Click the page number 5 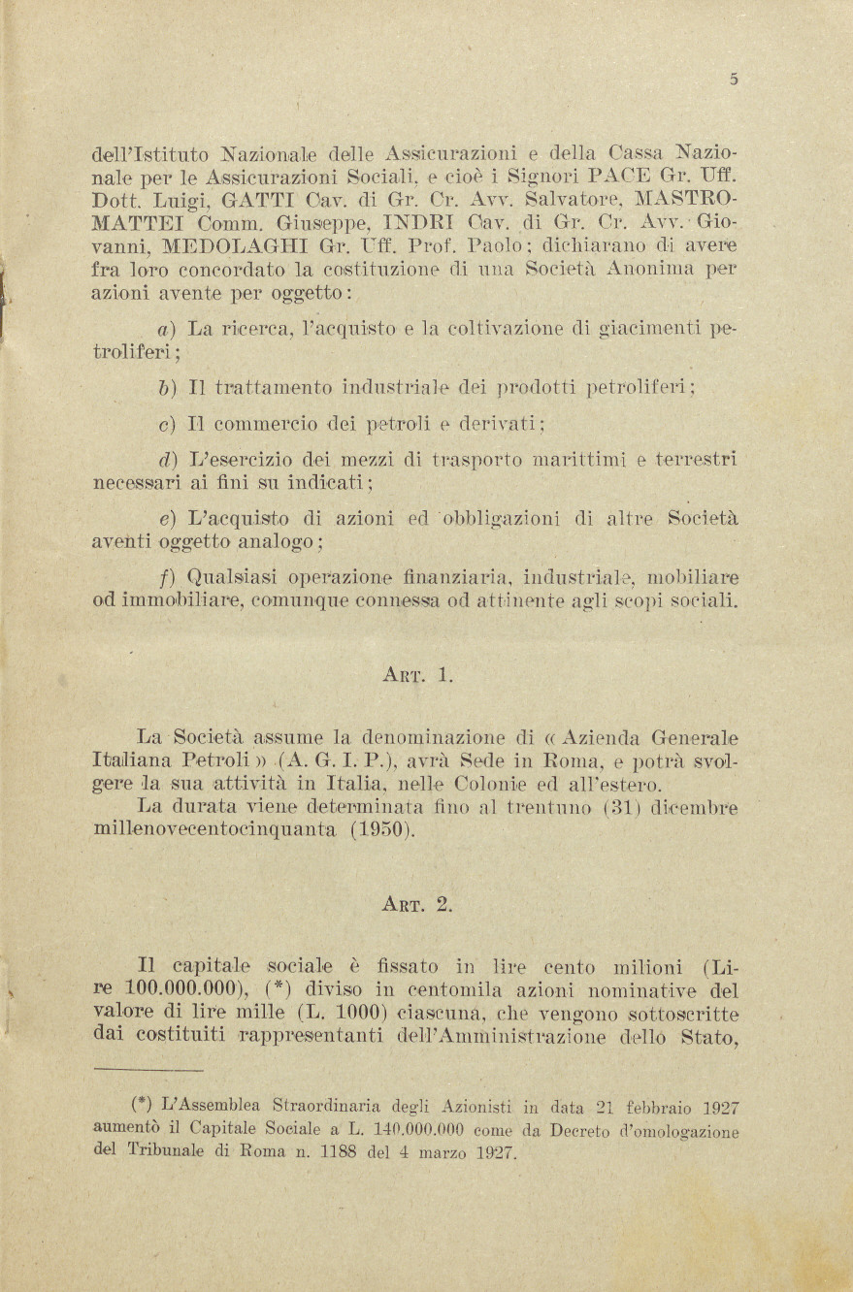pos(734,81)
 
